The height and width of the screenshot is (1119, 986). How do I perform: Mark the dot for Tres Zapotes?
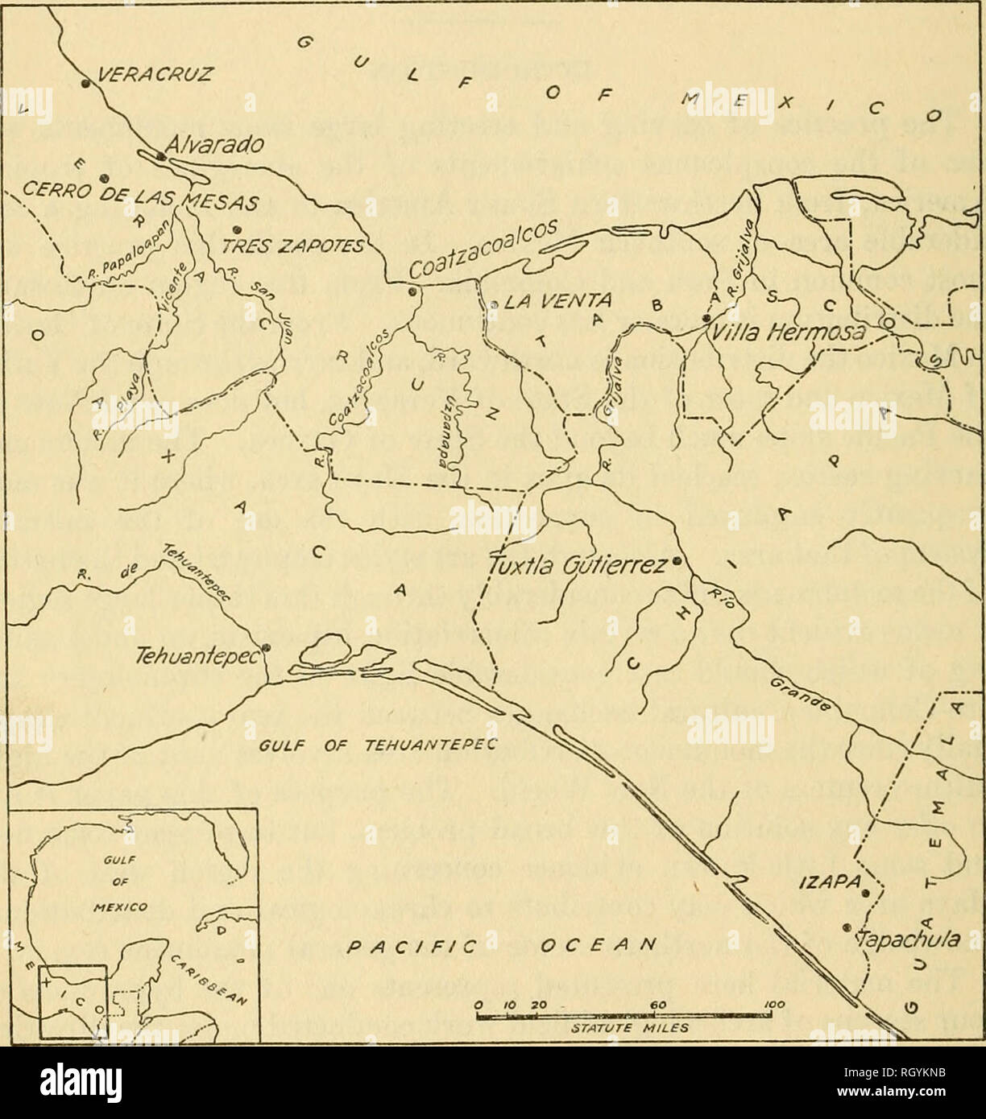235,229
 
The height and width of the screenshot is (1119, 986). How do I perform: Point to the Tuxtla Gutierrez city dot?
677,560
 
